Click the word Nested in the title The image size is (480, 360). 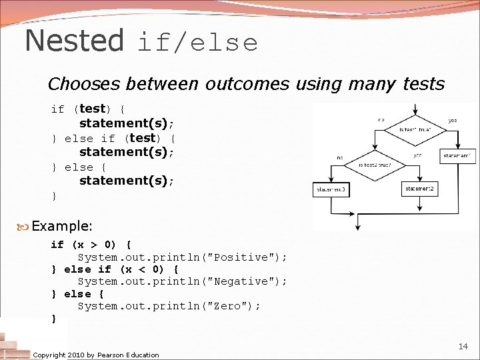(x=74, y=41)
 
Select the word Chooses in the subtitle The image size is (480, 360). (x=85, y=84)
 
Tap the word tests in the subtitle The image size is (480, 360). (x=423, y=84)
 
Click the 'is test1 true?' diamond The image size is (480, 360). (x=415, y=129)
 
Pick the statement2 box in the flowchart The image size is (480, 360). (x=420, y=189)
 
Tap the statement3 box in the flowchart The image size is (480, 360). (x=331, y=190)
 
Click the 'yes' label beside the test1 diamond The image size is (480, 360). (x=453, y=121)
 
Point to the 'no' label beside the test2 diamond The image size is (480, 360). (x=339, y=159)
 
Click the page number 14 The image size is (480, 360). (x=463, y=346)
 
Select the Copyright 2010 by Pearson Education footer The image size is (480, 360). (x=96, y=355)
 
